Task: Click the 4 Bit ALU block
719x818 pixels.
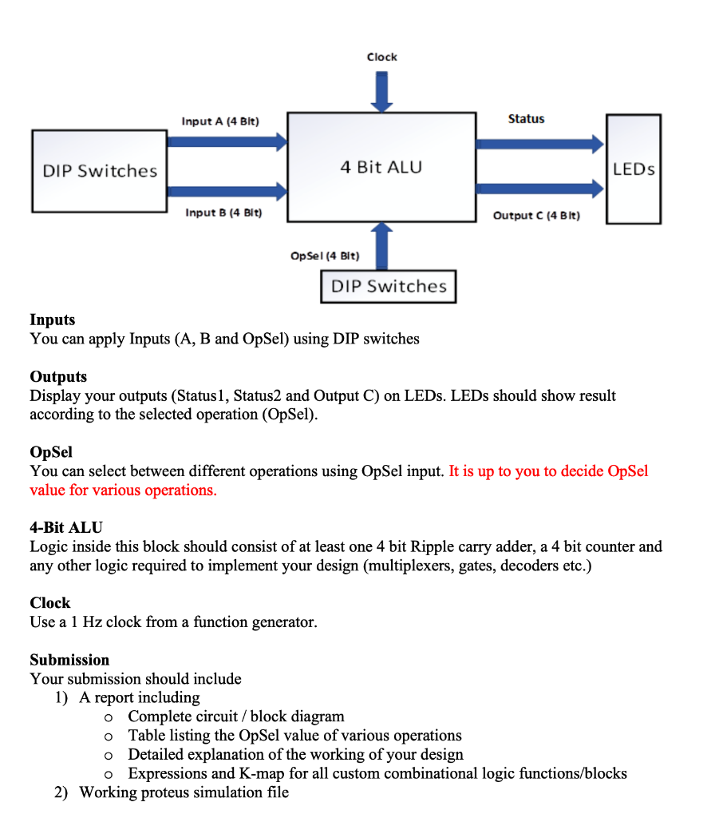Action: click(381, 167)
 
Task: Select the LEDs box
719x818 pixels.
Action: click(634, 169)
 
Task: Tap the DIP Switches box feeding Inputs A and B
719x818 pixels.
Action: click(100, 171)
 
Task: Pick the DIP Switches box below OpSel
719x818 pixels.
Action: click(389, 287)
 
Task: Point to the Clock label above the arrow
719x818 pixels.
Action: click(381, 57)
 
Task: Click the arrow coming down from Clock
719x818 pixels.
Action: click(381, 90)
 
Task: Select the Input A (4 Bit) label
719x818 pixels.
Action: click(220, 121)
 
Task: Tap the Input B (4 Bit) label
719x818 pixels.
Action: click(223, 212)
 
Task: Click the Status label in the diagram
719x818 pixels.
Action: click(526, 119)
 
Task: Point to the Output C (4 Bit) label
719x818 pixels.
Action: click(536, 216)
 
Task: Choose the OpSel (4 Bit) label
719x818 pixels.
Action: click(325, 256)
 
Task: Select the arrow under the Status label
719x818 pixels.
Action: click(539, 144)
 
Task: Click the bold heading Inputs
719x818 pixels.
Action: click(52, 320)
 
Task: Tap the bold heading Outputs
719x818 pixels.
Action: click(58, 376)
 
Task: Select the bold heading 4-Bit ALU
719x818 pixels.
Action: click(66, 527)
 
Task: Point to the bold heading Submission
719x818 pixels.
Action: click(69, 660)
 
